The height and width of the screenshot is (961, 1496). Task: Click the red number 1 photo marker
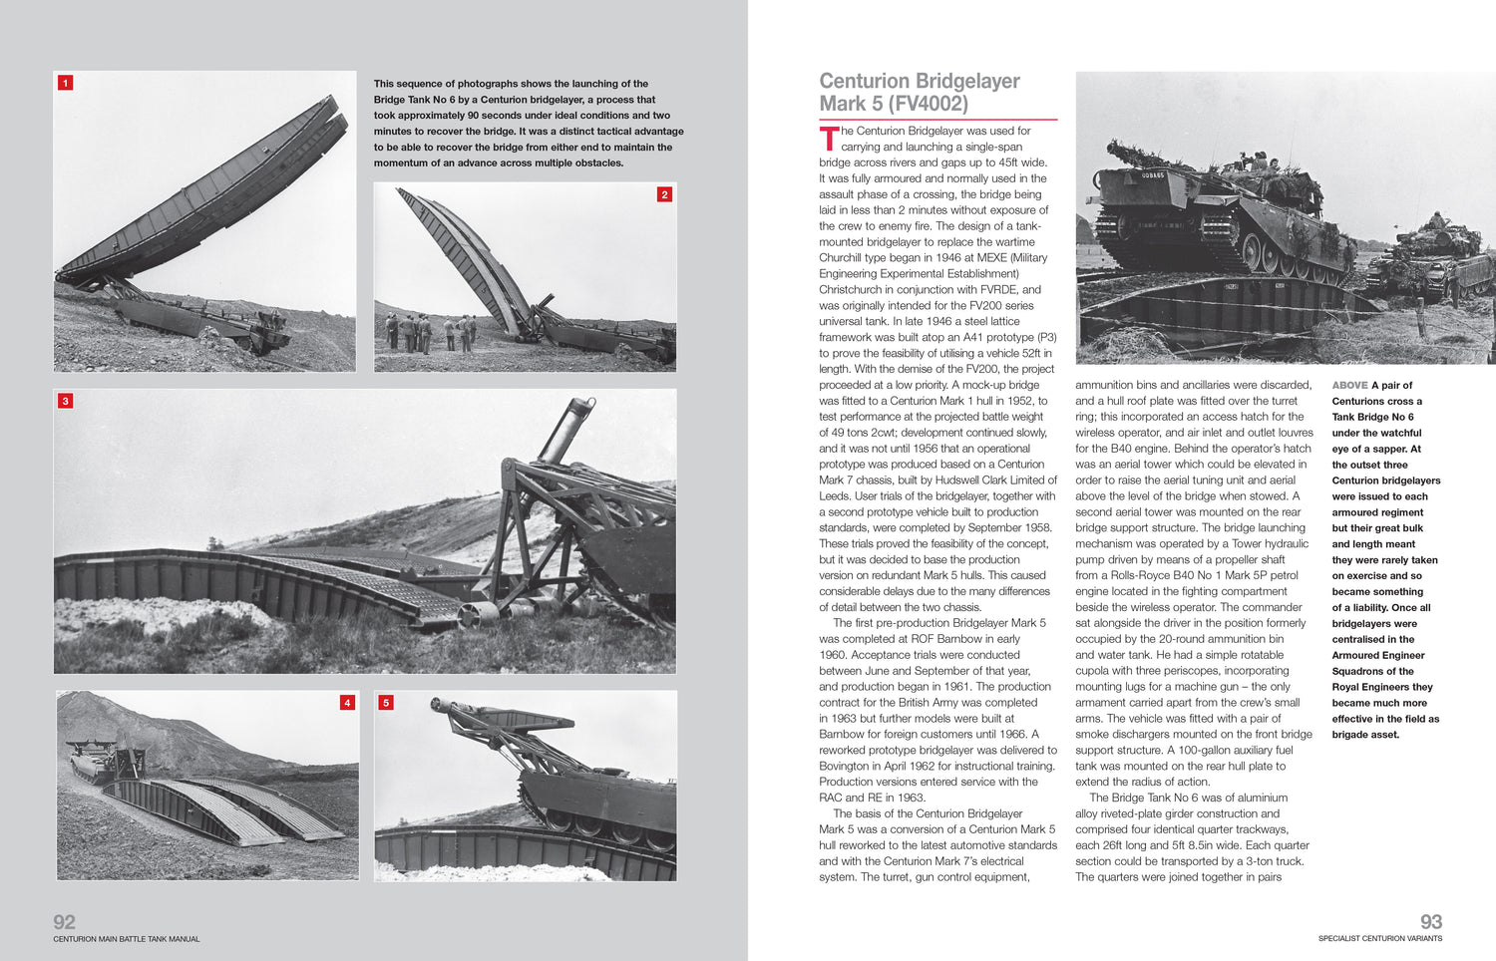coord(66,83)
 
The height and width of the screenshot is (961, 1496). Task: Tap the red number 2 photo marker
coord(664,194)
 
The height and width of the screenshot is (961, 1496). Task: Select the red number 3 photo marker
coord(66,401)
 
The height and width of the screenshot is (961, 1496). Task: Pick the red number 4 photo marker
coord(347,703)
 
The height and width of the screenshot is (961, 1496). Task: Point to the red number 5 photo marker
coord(386,703)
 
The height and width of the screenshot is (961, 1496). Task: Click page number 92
coord(64,921)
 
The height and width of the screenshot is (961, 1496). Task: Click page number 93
coord(1430,921)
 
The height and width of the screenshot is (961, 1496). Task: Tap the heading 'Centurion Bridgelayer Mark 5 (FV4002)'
coord(919,92)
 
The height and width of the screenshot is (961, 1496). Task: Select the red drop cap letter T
coord(829,139)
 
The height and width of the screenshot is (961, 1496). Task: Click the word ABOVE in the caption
coord(1349,386)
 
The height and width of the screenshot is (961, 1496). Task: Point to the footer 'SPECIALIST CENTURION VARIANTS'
coord(1379,938)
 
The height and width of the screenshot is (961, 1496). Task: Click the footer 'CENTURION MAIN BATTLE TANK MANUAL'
coord(127,939)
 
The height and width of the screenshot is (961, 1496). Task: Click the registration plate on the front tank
coord(1153,175)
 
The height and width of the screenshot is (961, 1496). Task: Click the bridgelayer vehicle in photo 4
coord(100,760)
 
